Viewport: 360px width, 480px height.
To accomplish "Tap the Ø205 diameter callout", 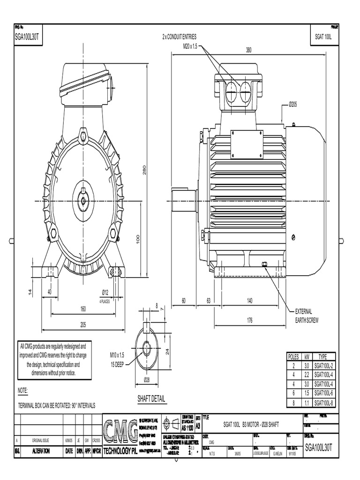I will click(293, 104).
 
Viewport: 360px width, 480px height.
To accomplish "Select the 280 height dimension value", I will click(145, 169).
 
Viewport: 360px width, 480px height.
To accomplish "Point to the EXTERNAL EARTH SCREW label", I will click(303, 315).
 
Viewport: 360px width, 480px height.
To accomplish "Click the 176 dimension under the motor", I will click(249, 321).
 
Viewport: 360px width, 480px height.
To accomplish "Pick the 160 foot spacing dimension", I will click(83, 309).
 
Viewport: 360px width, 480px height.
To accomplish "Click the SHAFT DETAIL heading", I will click(151, 399).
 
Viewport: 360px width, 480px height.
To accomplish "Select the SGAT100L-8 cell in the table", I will click(323, 403).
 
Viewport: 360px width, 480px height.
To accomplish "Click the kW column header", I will click(307, 357).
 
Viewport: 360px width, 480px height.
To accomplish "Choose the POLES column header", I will click(293, 357).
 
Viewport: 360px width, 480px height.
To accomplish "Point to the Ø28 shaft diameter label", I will click(146, 379).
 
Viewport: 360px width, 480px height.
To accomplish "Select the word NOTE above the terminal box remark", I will click(23, 390).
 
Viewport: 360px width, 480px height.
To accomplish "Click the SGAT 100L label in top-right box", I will click(323, 36).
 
